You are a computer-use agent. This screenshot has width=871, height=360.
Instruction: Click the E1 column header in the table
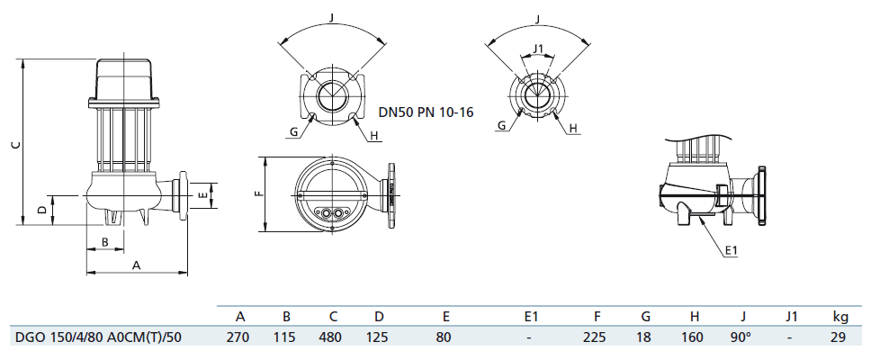(x=531, y=317)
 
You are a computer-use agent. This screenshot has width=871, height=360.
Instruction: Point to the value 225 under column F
(x=597, y=338)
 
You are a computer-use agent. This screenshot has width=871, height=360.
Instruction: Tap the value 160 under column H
(x=695, y=338)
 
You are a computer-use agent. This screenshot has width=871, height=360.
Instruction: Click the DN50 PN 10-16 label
(x=426, y=112)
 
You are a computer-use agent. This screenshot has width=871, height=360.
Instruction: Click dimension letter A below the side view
(x=136, y=265)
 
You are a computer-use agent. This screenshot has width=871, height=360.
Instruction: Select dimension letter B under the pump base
(x=104, y=241)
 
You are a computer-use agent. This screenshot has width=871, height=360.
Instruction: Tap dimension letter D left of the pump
(x=41, y=210)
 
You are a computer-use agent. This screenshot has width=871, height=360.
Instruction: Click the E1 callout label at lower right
(x=732, y=250)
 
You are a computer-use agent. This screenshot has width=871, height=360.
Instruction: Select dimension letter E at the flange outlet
(x=202, y=193)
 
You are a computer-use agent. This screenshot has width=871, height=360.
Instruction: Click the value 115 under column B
(x=286, y=338)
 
